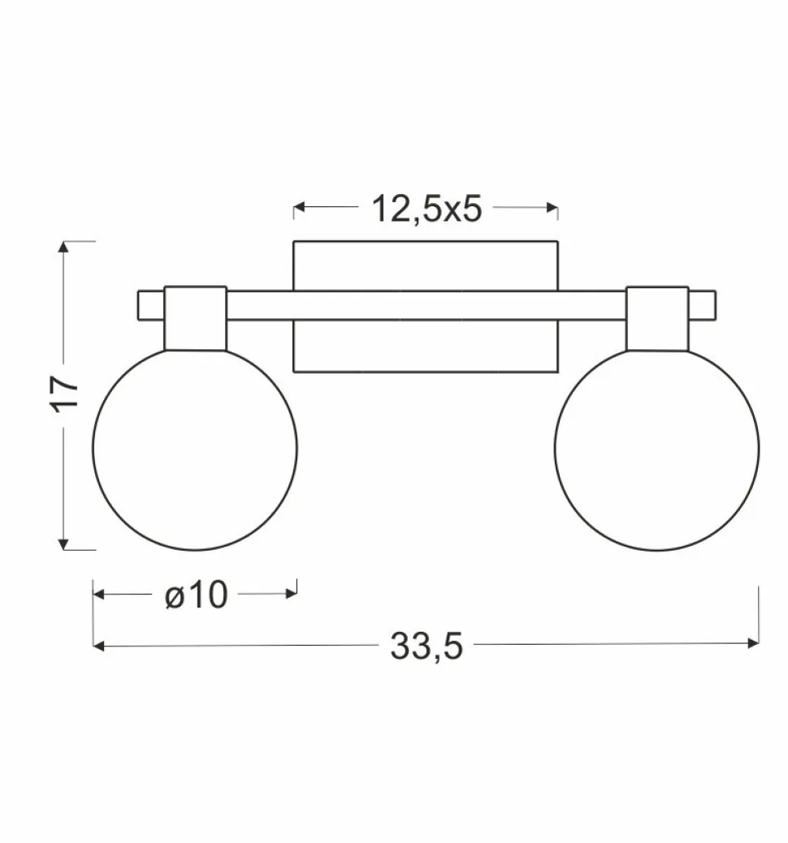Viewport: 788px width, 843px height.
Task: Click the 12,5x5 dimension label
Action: pyautogui.click(x=426, y=209)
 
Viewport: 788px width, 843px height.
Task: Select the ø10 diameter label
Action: pyautogui.click(x=195, y=595)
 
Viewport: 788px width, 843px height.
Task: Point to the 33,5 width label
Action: pyautogui.click(x=426, y=646)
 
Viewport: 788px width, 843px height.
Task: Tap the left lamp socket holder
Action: pyautogui.click(x=195, y=318)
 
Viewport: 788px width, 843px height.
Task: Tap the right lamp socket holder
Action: pyautogui.click(x=656, y=318)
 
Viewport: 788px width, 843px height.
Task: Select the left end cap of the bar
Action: pyautogui.click(x=150, y=305)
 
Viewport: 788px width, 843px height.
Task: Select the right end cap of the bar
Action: pyautogui.click(x=703, y=305)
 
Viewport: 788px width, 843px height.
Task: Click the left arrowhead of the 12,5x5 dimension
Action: pyautogui.click(x=299, y=208)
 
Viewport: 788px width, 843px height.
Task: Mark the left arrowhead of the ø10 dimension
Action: pyautogui.click(x=100, y=594)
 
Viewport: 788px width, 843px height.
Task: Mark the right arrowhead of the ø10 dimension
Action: pyautogui.click(x=292, y=594)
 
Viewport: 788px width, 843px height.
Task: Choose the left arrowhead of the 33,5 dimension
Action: pyautogui.click(x=100, y=646)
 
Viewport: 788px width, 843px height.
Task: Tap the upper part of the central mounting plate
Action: pyautogui.click(x=426, y=265)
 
